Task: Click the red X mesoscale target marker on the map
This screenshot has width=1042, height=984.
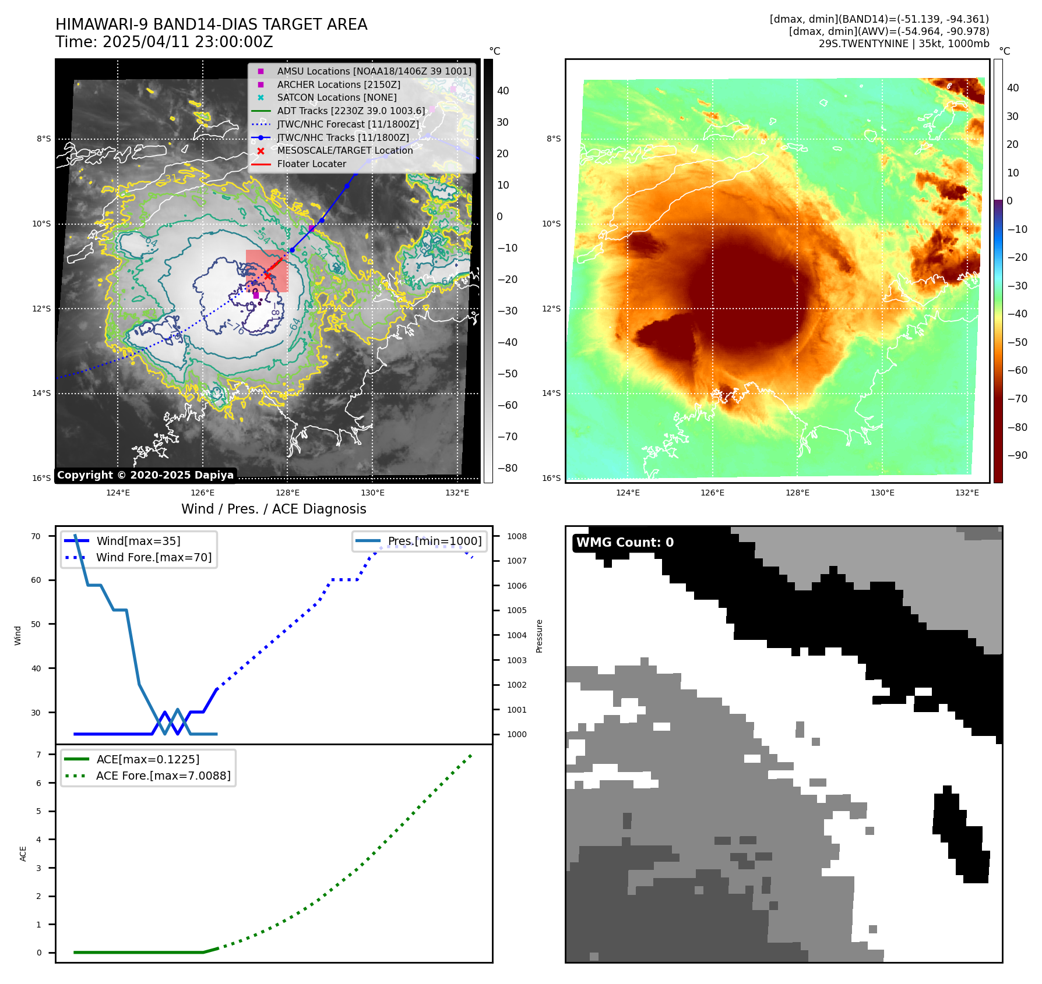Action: click(x=267, y=275)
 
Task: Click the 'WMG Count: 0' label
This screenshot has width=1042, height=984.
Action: click(x=625, y=543)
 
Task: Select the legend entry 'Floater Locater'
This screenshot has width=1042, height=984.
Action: click(x=311, y=164)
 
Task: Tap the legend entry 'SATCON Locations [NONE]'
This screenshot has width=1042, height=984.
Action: click(x=336, y=98)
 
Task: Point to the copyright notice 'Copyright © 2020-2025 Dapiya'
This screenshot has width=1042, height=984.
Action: click(x=145, y=475)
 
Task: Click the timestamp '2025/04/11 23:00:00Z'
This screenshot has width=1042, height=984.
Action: click(x=188, y=43)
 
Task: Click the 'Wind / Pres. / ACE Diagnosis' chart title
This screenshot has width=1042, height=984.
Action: click(x=273, y=509)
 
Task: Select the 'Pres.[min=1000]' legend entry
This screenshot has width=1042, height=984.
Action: click(x=435, y=541)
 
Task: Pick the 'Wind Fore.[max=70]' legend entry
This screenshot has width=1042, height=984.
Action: click(x=154, y=557)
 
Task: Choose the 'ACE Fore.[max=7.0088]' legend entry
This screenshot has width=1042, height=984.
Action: click(x=163, y=776)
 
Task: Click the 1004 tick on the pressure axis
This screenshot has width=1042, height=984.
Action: click(x=516, y=635)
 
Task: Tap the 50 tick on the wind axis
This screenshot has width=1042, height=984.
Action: click(x=36, y=624)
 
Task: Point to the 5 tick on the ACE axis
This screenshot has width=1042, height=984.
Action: click(x=39, y=811)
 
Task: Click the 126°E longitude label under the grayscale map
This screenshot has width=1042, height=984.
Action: click(x=202, y=493)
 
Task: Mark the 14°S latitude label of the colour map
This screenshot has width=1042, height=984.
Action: click(x=551, y=393)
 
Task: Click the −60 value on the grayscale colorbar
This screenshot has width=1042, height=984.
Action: click(x=507, y=405)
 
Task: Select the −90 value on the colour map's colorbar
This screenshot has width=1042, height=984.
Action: click(x=1018, y=455)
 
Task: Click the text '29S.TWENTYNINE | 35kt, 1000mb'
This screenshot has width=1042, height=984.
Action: click(x=904, y=44)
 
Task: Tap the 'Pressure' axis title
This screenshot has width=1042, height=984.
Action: click(x=539, y=636)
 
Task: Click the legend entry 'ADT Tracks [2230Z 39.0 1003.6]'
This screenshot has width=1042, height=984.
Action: click(x=351, y=111)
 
